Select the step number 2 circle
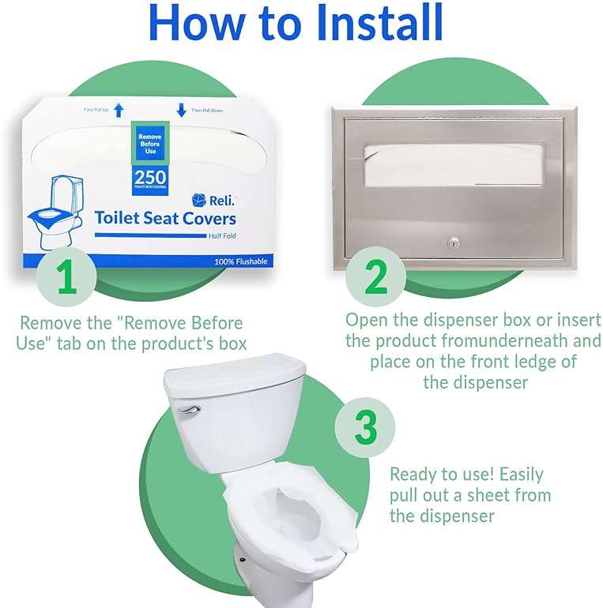pyautogui.click(x=377, y=277)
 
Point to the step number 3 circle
pyautogui.click(x=365, y=428)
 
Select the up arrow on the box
pyautogui.click(x=119, y=110)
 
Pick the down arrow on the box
pyautogui.click(x=181, y=110)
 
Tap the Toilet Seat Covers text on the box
pyautogui.click(x=165, y=218)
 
